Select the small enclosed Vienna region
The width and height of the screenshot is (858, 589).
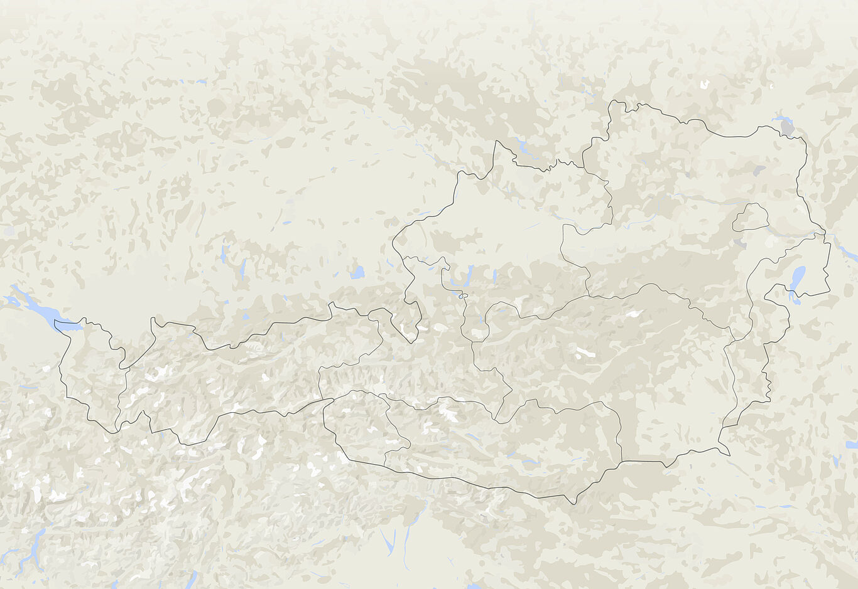click(x=751, y=218)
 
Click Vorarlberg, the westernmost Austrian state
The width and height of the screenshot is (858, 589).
click(x=91, y=370)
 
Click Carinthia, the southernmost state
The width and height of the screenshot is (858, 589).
click(x=502, y=452)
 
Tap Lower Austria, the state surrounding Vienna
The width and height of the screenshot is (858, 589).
click(x=678, y=207)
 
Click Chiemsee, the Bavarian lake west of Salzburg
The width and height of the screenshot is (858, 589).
click(x=357, y=272)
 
